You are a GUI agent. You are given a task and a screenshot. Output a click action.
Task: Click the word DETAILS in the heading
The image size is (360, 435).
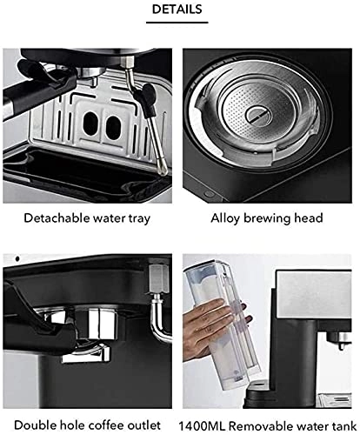179,10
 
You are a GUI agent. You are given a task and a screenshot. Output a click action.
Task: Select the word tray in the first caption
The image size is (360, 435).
144,218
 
